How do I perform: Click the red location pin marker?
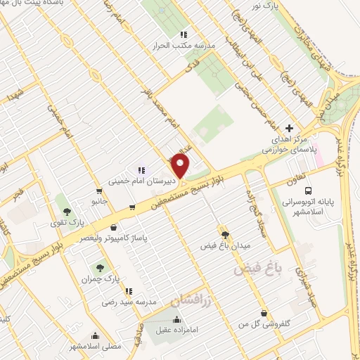[x=181, y=166]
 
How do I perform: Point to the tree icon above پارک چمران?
[x=100, y=267]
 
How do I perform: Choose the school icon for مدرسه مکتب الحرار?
[x=184, y=35]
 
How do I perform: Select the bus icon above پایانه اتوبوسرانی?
[x=309, y=191]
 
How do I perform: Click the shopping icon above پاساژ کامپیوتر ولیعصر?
[x=114, y=227]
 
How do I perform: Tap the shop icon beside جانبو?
[x=98, y=190]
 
